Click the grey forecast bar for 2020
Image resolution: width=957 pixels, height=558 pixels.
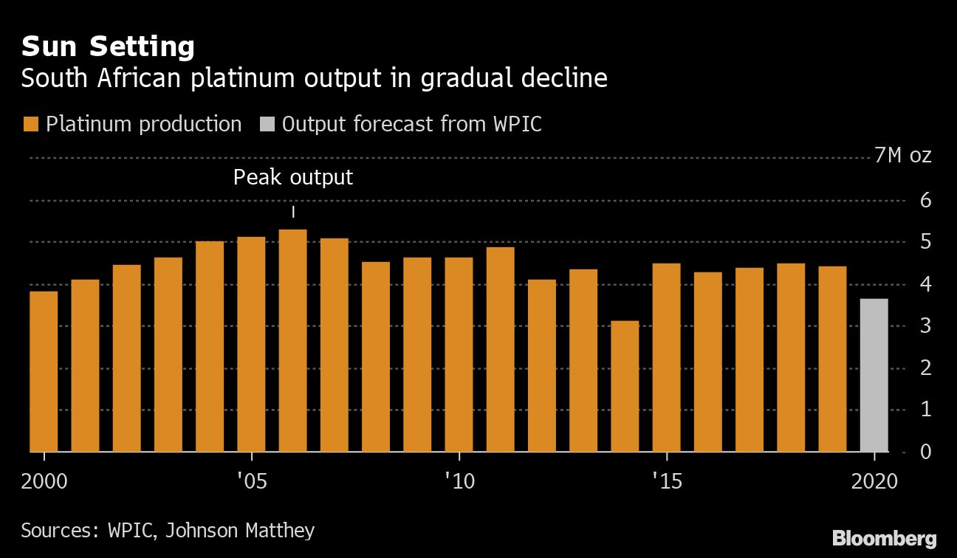click(x=874, y=375)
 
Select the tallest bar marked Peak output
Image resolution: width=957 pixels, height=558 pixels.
click(x=293, y=340)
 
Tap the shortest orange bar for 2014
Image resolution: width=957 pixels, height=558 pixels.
click(x=625, y=386)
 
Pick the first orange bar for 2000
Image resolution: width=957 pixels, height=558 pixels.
click(x=44, y=371)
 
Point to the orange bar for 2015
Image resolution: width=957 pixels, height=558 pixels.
click(x=666, y=357)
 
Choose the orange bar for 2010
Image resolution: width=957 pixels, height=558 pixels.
click(x=459, y=354)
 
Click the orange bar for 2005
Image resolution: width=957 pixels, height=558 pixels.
click(x=251, y=344)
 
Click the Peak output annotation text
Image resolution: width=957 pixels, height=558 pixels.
click(x=293, y=177)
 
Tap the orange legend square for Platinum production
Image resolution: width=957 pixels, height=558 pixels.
click(x=30, y=124)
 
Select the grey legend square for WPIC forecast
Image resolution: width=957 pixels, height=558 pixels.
click(x=267, y=124)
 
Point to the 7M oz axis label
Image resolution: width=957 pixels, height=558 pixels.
click(x=902, y=156)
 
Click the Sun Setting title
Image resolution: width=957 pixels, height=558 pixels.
click(x=108, y=46)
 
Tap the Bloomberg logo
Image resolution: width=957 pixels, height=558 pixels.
click(x=884, y=537)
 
